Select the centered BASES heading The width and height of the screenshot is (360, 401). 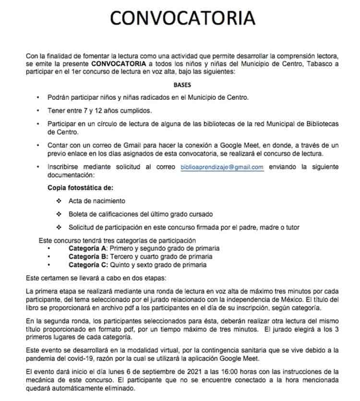click(x=182, y=85)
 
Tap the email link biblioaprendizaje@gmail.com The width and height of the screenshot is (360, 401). click(x=222, y=167)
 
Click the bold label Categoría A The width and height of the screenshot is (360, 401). click(x=88, y=248)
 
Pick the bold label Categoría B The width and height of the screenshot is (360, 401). click(x=88, y=257)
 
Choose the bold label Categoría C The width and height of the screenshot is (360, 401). click(x=88, y=265)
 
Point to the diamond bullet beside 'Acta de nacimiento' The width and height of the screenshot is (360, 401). click(x=60, y=200)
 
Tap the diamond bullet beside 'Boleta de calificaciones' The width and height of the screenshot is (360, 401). click(x=60, y=214)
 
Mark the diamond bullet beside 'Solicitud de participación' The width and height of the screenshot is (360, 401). click(x=60, y=227)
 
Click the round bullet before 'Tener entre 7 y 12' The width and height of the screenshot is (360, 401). click(x=38, y=111)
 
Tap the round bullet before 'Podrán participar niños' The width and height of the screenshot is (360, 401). click(x=38, y=98)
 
